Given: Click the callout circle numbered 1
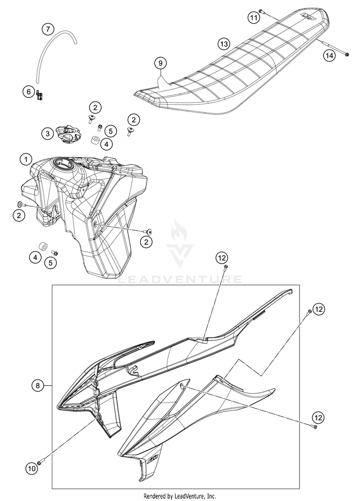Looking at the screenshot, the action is (x=25, y=159).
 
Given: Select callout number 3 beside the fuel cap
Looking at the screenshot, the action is (x=48, y=134).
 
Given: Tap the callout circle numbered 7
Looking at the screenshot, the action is (x=48, y=29).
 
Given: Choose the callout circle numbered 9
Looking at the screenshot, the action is (x=161, y=62).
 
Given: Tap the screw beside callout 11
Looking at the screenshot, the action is (x=261, y=11).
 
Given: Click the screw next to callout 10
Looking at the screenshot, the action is (x=40, y=462).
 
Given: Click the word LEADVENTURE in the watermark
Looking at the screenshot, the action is (x=180, y=279).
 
